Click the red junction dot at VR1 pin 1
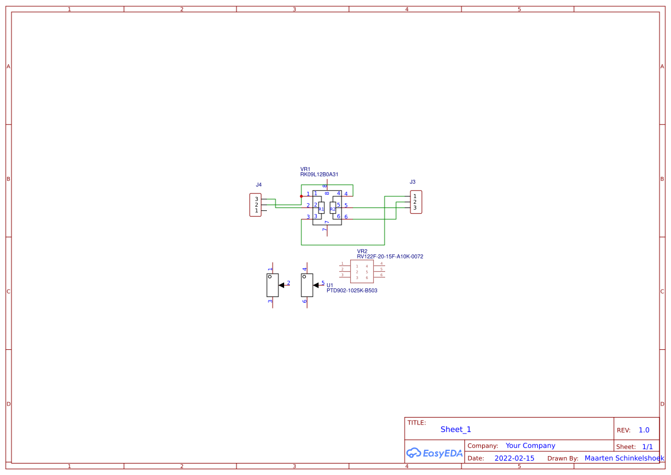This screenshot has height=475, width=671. [301, 196]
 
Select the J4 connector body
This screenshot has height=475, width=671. [255, 205]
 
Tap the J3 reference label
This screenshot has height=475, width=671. [413, 182]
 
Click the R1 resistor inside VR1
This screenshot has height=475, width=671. [321, 208]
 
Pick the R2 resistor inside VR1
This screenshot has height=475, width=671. [333, 208]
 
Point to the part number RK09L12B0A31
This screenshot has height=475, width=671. [319, 174]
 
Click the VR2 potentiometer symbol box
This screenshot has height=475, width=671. [362, 272]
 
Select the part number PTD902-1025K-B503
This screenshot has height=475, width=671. [352, 291]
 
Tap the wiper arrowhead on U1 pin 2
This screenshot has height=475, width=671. [281, 285]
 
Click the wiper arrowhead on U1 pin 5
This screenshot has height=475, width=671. [316, 285]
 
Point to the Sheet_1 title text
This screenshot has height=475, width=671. [456, 430]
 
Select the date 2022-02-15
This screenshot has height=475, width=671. [514, 458]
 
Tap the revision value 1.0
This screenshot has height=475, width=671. [644, 430]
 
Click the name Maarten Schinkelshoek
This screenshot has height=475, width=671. [625, 458]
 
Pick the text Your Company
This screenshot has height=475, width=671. [530, 446]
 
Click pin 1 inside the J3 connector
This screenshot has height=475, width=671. [415, 196]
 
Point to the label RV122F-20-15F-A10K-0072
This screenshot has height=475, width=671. [390, 257]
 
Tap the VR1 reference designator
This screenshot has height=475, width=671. [305, 169]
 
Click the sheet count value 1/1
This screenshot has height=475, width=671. [647, 447]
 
